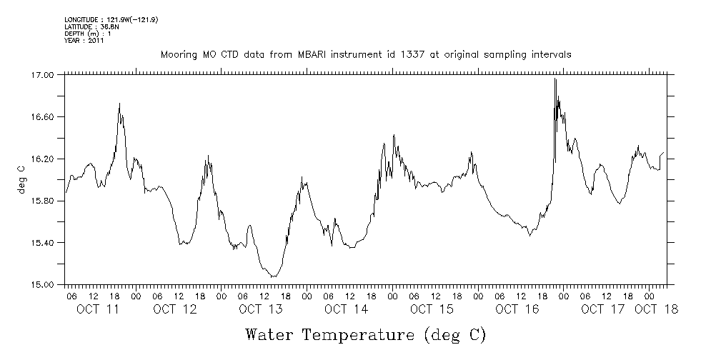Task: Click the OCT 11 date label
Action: pyautogui.click(x=97, y=309)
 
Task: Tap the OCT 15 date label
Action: pyautogui.click(x=432, y=309)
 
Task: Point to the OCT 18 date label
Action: pyautogui.click(x=656, y=309)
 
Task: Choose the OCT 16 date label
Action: pyautogui.click(x=517, y=309)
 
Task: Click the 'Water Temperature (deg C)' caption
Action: pyautogui.click(x=365, y=334)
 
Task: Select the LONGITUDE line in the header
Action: pyautogui.click(x=111, y=19)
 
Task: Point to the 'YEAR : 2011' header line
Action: pyautogui.click(x=84, y=41)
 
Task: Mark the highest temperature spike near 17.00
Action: pyautogui.click(x=555, y=79)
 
